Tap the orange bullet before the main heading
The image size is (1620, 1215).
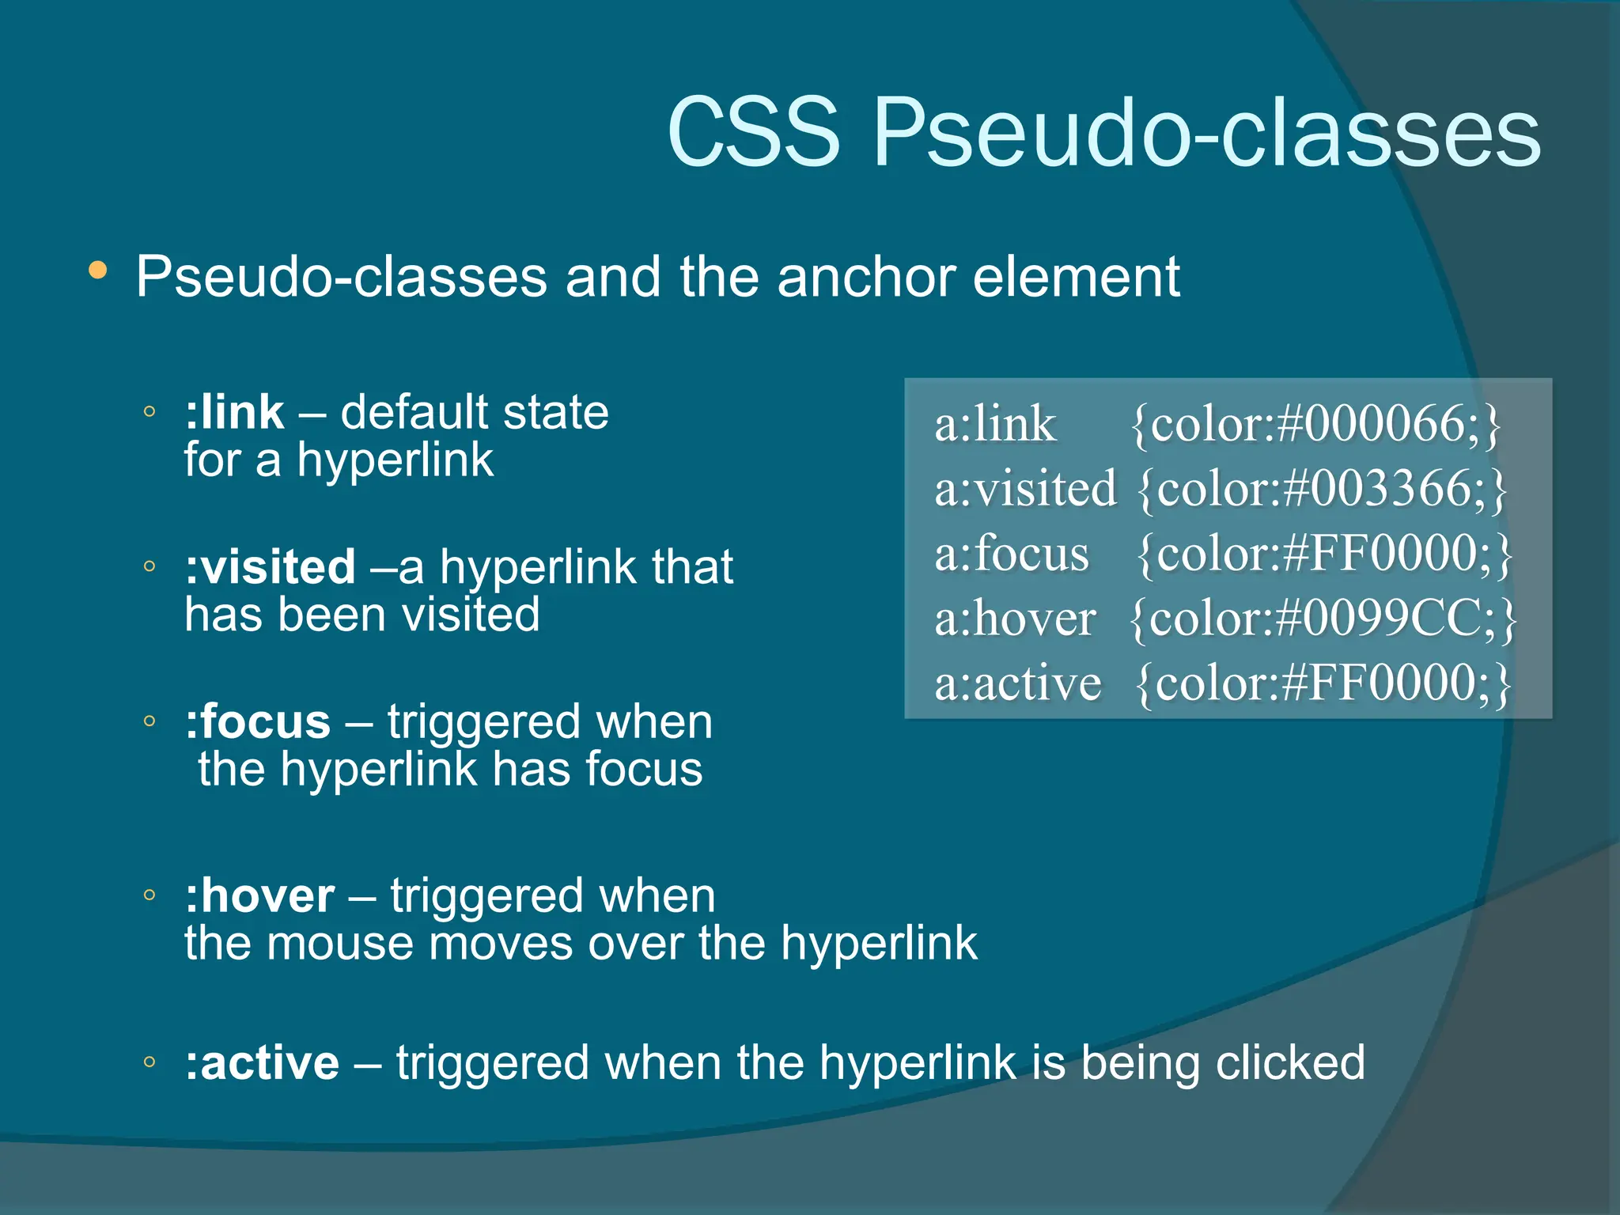[98, 271]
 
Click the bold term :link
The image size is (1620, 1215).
[234, 412]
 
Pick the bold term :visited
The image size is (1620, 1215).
[270, 567]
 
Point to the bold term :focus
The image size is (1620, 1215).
[258, 722]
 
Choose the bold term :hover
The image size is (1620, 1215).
[259, 896]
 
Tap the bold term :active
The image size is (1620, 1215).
[262, 1062]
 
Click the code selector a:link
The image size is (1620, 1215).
[995, 424]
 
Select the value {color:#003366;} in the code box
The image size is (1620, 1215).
[1322, 489]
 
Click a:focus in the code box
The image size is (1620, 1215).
[1012, 553]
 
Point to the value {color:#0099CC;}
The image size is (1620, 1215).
[1323, 618]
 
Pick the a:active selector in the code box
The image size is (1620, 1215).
[1017, 683]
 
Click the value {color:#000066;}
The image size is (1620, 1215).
[1315, 424]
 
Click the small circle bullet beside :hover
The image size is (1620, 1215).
[150, 895]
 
